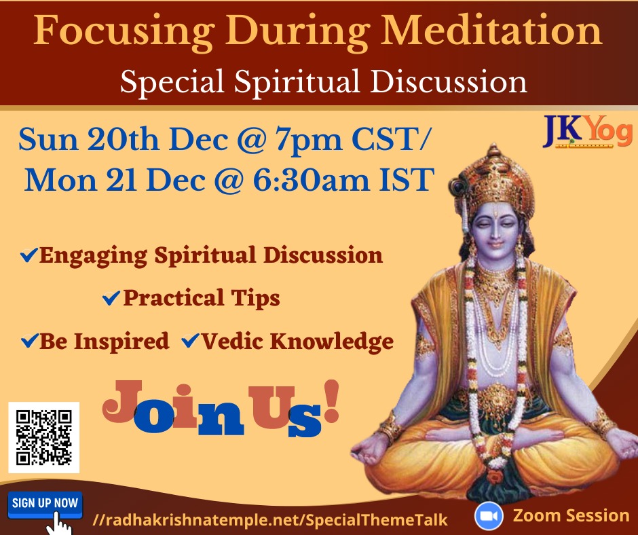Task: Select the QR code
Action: click(x=43, y=437)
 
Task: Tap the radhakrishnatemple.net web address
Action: click(x=270, y=520)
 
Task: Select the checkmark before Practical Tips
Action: click(x=110, y=298)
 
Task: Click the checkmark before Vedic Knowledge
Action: click(x=189, y=341)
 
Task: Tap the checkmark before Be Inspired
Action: click(x=29, y=341)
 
